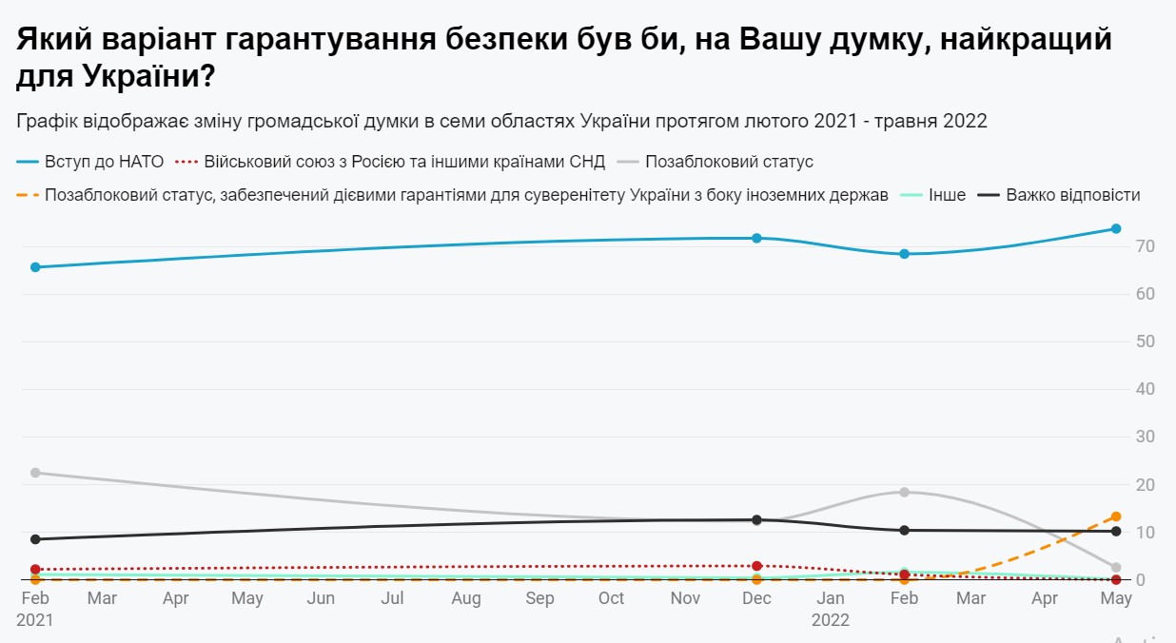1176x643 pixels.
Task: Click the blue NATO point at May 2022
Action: (x=1116, y=228)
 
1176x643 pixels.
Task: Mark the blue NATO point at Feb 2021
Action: (x=35, y=267)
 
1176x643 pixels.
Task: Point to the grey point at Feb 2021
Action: (x=35, y=473)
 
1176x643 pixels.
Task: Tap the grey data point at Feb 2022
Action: (x=904, y=492)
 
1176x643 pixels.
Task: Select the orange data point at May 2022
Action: (x=1116, y=516)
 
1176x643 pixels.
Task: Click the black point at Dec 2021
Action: (x=756, y=520)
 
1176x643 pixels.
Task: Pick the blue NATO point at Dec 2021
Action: (x=756, y=238)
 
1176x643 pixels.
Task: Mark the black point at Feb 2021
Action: (x=35, y=539)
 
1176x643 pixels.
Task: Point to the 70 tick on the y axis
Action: (x=1145, y=246)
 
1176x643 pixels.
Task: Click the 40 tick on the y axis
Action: (x=1145, y=389)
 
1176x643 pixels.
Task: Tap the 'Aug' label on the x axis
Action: (x=465, y=598)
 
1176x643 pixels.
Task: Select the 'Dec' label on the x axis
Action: (x=756, y=598)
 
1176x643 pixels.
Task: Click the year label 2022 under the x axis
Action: (x=830, y=619)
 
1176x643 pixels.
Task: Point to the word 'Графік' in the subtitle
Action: (x=48, y=121)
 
